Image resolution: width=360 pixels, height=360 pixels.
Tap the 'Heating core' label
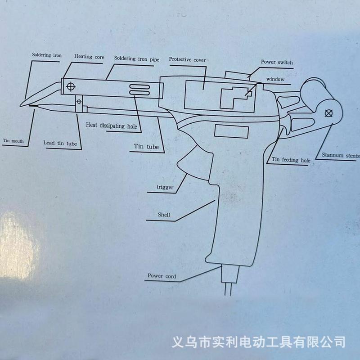(90, 57)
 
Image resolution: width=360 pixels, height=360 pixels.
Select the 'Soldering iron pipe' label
(136, 58)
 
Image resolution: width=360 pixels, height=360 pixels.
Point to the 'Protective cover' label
(188, 59)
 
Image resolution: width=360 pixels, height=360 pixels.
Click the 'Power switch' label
(277, 62)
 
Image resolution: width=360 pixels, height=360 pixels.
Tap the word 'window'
(275, 79)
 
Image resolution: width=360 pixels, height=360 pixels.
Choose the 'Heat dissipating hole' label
(111, 126)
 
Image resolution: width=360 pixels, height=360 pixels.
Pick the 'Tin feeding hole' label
(291, 160)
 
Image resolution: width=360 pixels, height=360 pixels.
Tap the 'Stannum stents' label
(341, 156)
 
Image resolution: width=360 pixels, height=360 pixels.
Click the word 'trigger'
(165, 187)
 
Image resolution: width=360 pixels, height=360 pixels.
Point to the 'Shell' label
(164, 216)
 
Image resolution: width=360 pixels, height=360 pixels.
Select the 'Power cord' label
(162, 276)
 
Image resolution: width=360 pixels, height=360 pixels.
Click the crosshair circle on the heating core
(70, 85)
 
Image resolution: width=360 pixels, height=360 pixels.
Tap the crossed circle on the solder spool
(329, 113)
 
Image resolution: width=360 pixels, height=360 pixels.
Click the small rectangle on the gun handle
(231, 131)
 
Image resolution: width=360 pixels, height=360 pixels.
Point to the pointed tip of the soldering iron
(21, 106)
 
